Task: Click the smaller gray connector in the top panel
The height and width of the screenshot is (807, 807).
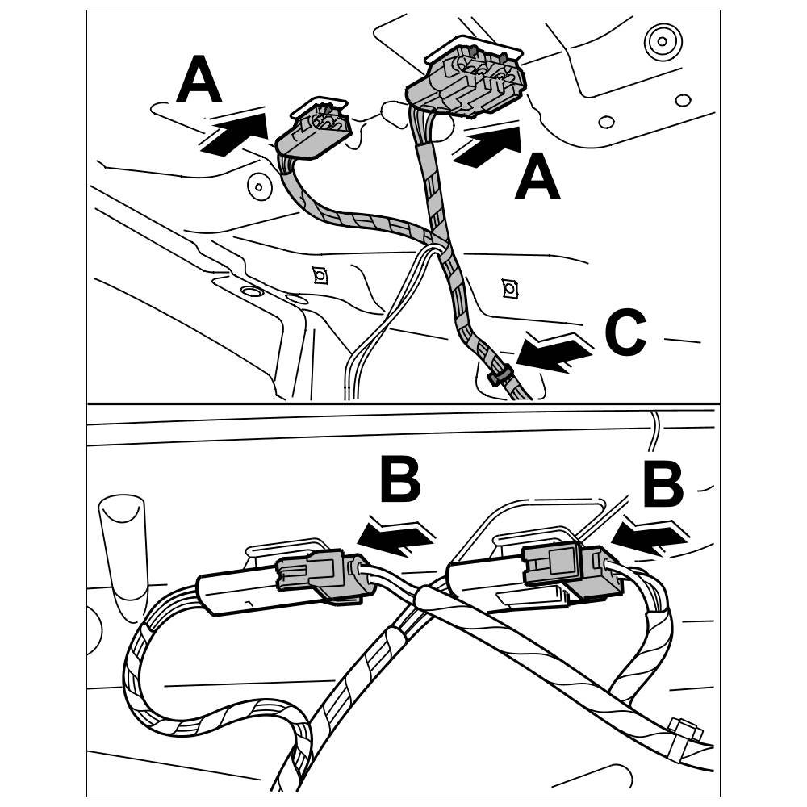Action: tap(316, 129)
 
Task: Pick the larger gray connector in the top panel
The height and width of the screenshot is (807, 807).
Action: tap(468, 82)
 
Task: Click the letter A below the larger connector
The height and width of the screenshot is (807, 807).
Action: tap(537, 179)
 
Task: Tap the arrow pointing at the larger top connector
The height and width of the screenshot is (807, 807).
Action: tap(488, 146)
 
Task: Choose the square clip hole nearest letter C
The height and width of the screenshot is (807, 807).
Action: tap(508, 287)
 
